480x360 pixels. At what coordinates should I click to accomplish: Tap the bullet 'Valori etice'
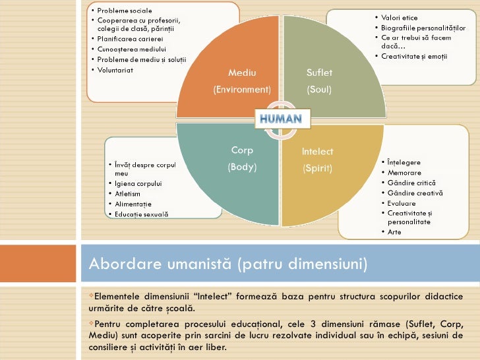click(399, 17)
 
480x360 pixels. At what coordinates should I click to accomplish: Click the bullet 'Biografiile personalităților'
click(423, 28)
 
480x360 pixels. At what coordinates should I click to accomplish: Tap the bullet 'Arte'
click(394, 232)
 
